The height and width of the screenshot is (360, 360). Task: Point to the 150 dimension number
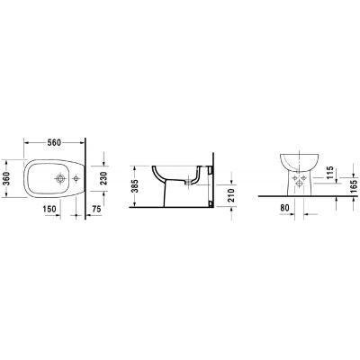tap(51, 210)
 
